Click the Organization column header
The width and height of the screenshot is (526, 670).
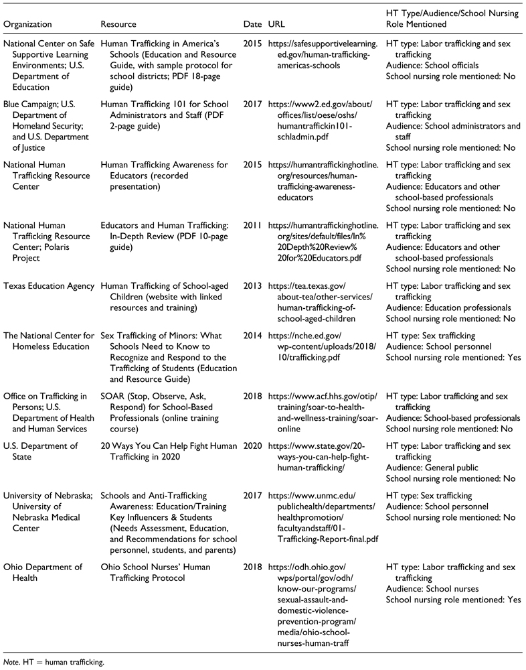[x=27, y=24]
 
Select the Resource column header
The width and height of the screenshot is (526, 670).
[x=118, y=24]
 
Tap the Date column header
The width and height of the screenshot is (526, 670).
[x=252, y=24]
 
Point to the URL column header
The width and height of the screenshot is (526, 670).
[x=276, y=24]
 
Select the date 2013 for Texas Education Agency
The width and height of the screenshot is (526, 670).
[x=252, y=286]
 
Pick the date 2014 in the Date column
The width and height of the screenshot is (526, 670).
[x=252, y=335]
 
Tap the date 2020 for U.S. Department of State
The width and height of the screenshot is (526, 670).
[x=252, y=446]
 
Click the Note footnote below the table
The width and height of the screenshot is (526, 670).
[x=54, y=663]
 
